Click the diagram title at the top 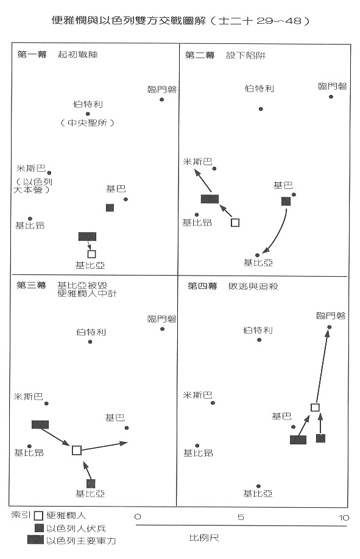click(180, 21)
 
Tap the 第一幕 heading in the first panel click(32, 54)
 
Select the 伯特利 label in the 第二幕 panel click(259, 88)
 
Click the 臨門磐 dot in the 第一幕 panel click(161, 99)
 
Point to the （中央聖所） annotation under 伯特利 click(87, 123)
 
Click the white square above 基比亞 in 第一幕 click(91, 254)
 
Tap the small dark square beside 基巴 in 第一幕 click(110, 207)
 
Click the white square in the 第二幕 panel click(235, 223)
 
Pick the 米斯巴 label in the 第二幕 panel click(197, 162)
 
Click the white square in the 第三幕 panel click(77, 450)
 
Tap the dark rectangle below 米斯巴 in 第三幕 click(40, 425)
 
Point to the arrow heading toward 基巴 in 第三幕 click(104, 447)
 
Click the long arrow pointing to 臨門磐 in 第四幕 click(323, 367)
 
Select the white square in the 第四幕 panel click(315, 407)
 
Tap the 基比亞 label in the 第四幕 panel click(258, 494)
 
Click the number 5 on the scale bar click(241, 518)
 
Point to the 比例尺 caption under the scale click(204, 538)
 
